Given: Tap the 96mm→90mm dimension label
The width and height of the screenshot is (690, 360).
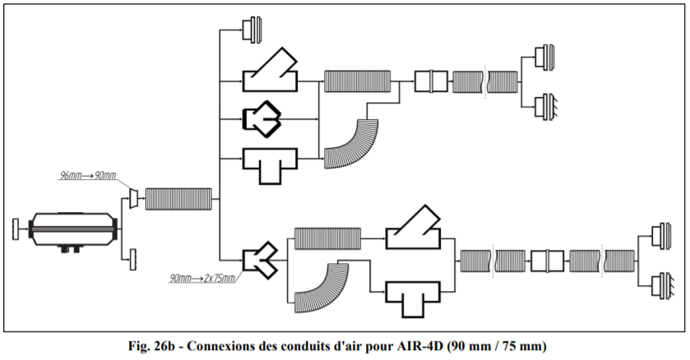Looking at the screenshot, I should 89,176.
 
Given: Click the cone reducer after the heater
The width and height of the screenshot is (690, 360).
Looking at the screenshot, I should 132,198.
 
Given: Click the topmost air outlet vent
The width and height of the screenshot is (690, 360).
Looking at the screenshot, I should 250,30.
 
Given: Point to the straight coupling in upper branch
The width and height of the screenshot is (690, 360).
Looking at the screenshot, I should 430,81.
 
